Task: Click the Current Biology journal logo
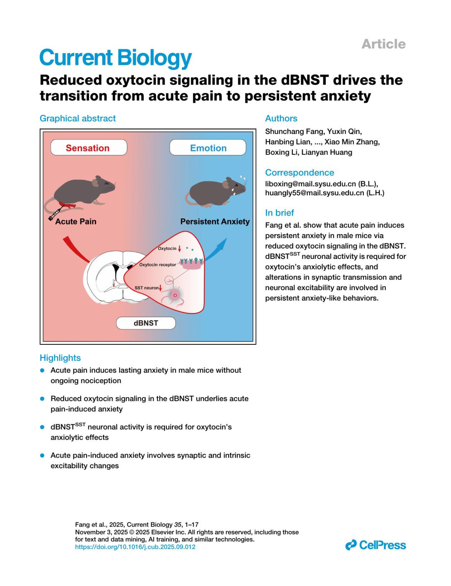[x=115, y=58]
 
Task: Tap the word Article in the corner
[x=383, y=44]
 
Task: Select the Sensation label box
[x=89, y=148]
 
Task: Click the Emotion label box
[x=208, y=148]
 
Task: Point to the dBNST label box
[x=146, y=323]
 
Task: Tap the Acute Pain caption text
[x=76, y=222]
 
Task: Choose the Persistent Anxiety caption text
[x=215, y=222]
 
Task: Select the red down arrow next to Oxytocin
[x=180, y=249]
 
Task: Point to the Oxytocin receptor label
[x=157, y=265]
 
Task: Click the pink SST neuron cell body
[x=175, y=295]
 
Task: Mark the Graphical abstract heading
[x=78, y=118]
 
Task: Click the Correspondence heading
[x=300, y=172]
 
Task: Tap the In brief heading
[x=280, y=213]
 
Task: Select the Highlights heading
[x=60, y=358]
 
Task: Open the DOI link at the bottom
[x=135, y=547]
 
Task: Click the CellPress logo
[x=375, y=545]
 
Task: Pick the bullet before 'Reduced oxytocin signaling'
[x=42, y=398]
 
